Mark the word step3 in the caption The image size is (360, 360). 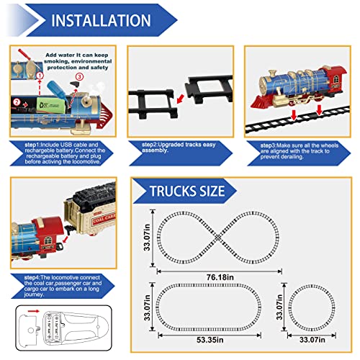(271, 143)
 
